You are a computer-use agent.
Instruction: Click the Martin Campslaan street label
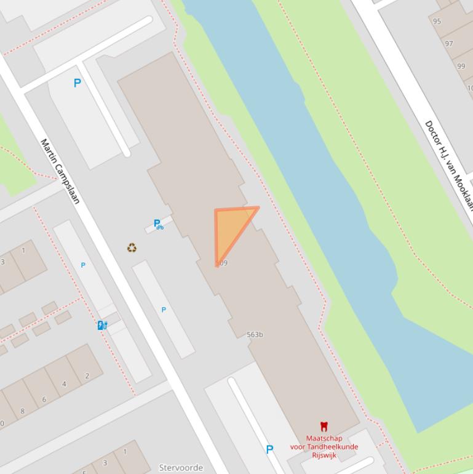tap(60, 171)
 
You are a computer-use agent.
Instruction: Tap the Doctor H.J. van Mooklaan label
tap(448, 165)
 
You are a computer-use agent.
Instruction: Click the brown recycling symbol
tap(132, 247)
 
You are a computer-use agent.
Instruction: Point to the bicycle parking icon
tap(159, 225)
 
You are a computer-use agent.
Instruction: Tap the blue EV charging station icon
tap(103, 325)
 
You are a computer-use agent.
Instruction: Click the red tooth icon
tap(324, 426)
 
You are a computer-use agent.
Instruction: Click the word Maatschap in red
tap(324, 438)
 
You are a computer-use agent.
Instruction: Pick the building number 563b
tap(255, 335)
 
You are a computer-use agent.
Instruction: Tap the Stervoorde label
tap(181, 468)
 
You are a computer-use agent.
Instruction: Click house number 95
tap(437, 22)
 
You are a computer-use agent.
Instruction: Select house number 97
tap(449, 44)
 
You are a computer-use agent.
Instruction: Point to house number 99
tap(461, 66)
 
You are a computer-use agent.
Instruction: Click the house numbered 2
tap(87, 376)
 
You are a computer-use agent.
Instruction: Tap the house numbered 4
tap(64, 384)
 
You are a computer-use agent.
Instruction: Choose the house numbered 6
tap(44, 399)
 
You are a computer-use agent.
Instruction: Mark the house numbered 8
tap(23, 411)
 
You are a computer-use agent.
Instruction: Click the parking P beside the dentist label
tap(269, 450)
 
